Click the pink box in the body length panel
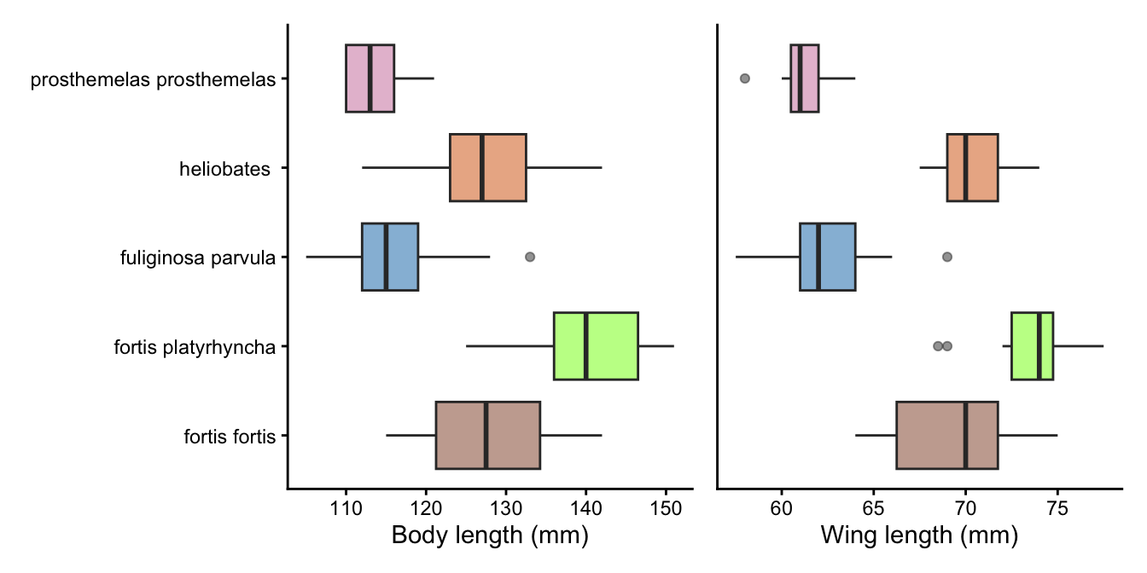click(370, 78)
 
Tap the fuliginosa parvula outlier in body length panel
click(529, 257)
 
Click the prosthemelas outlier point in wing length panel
click(744, 78)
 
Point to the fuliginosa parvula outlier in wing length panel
click(946, 257)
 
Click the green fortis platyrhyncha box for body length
click(596, 346)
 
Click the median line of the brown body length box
click(486, 435)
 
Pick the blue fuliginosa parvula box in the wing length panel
click(827, 257)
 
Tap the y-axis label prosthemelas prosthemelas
click(154, 80)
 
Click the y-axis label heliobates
click(224, 169)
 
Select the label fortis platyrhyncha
click(195, 347)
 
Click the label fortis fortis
click(230, 437)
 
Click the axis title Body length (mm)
click(490, 536)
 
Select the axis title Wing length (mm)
click(919, 536)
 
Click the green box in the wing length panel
click(1032, 346)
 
